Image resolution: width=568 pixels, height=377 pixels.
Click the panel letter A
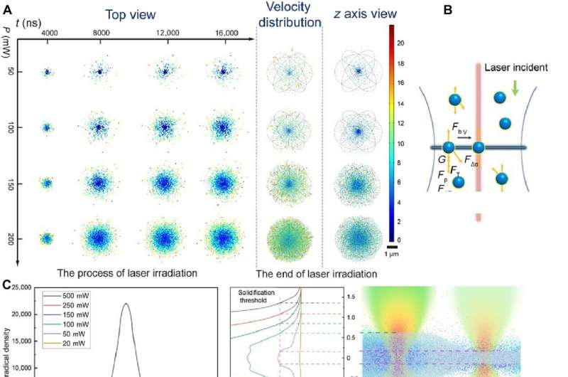[x=6, y=9]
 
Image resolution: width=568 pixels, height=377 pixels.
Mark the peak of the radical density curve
[x=126, y=304]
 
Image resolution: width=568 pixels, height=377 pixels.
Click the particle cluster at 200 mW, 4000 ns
[x=47, y=239]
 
